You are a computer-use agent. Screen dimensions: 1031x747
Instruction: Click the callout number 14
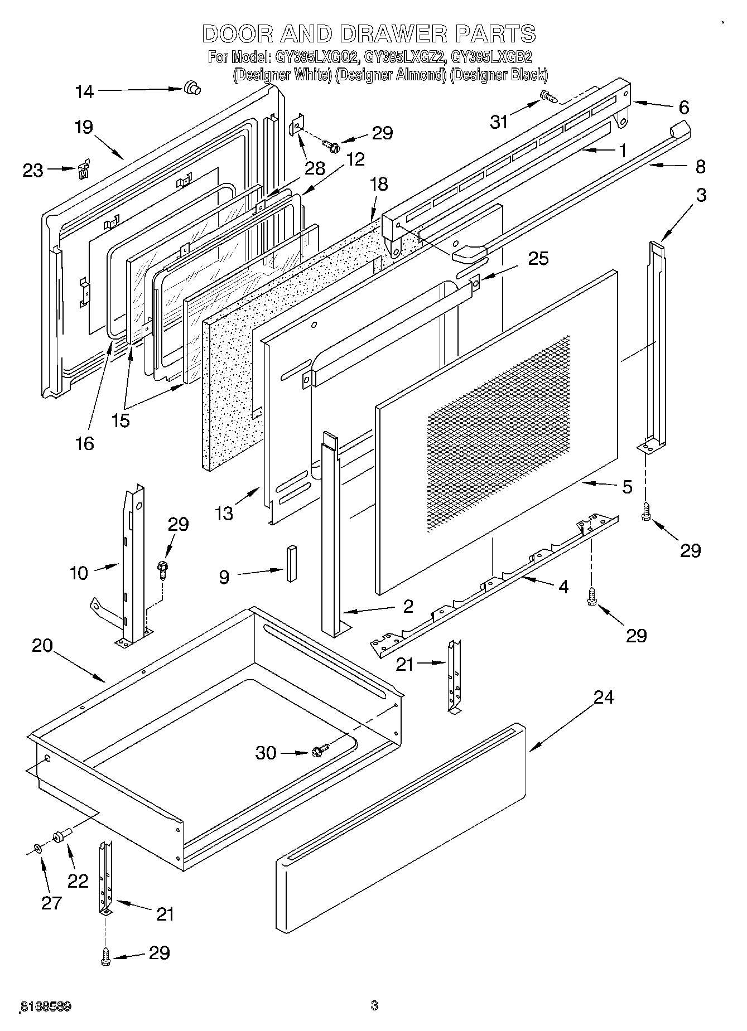pos(85,91)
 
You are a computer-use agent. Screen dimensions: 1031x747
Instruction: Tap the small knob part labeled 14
pos(192,88)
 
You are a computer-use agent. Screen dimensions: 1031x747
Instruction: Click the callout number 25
pos(538,259)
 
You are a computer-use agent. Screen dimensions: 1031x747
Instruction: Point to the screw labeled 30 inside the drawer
pos(320,750)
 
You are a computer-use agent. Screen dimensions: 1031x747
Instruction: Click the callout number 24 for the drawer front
pos(603,698)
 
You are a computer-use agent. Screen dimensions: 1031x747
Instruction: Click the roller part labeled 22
pos(59,835)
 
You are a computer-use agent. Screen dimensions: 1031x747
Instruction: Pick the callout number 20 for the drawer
pos(42,646)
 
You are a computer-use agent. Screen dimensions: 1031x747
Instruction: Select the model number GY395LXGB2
pos(491,57)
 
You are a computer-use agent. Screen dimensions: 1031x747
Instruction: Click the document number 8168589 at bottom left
pos(46,1006)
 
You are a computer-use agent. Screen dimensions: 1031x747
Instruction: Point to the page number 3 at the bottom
pos(374,1006)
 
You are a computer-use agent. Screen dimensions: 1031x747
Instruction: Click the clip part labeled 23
pos(84,169)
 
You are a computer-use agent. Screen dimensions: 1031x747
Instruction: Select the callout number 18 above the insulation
pos(379,184)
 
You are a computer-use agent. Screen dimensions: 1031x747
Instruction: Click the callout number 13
pos(224,513)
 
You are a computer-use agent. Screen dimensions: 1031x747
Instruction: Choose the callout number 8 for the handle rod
pos(700,166)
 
